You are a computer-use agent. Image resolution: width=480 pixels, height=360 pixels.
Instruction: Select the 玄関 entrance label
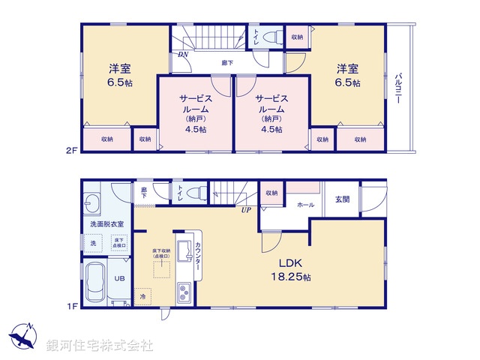pyautogui.click(x=342, y=199)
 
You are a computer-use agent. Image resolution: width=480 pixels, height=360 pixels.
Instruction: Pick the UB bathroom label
pyautogui.click(x=119, y=279)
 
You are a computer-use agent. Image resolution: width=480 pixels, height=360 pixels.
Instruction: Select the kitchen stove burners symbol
pyautogui.click(x=184, y=292)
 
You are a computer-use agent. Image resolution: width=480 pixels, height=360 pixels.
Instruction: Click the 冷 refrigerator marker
pyautogui.click(x=142, y=298)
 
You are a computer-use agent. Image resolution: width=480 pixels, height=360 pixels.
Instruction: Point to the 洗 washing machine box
pyautogui.click(x=93, y=244)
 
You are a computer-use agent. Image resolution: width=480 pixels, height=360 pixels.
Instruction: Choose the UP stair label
pyautogui.click(x=245, y=209)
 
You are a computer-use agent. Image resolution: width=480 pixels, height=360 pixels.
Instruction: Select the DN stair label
pyautogui.click(x=183, y=55)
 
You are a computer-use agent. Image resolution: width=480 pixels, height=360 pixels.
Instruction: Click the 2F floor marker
pyautogui.click(x=70, y=150)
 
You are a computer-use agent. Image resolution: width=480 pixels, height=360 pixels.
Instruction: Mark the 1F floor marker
pyautogui.click(x=70, y=306)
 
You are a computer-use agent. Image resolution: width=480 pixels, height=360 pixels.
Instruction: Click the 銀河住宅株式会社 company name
pyautogui.click(x=99, y=346)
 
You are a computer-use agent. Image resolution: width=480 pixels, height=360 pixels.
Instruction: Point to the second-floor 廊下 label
pyautogui.click(x=226, y=63)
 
